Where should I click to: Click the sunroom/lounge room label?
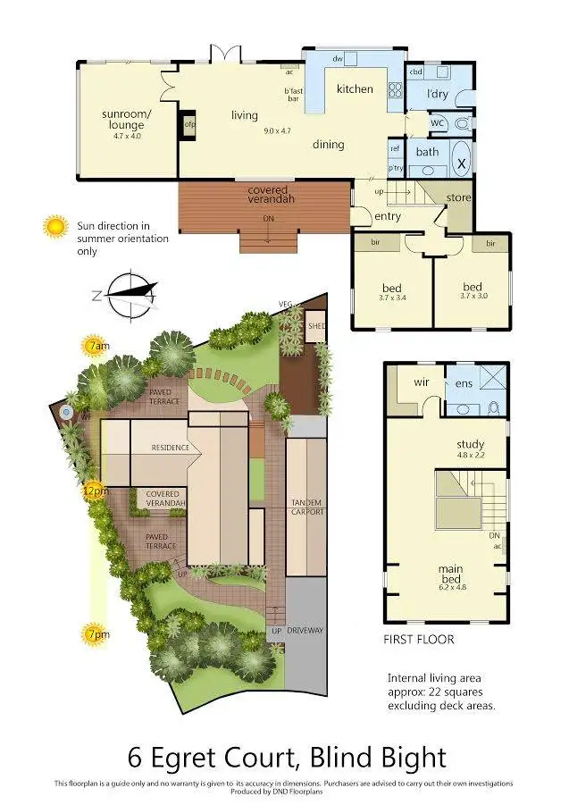coord(126,120)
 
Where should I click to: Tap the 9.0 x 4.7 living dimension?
coord(277,130)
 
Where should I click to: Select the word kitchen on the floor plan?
coord(354,89)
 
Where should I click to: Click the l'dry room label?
coord(438,94)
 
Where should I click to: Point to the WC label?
coord(437,123)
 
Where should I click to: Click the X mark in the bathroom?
coord(462,164)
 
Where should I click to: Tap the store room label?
coord(458,197)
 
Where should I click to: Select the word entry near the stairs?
coord(388,216)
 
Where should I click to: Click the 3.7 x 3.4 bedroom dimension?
coord(392,297)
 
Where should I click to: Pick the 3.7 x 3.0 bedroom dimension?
coord(473,296)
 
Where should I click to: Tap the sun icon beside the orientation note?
coord(56,227)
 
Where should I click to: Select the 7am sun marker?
coord(94,345)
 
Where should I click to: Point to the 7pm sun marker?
coord(94,636)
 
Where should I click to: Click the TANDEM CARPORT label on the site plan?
coord(306,507)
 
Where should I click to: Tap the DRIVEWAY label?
coord(306,631)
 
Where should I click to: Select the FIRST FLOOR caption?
coord(419,639)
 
